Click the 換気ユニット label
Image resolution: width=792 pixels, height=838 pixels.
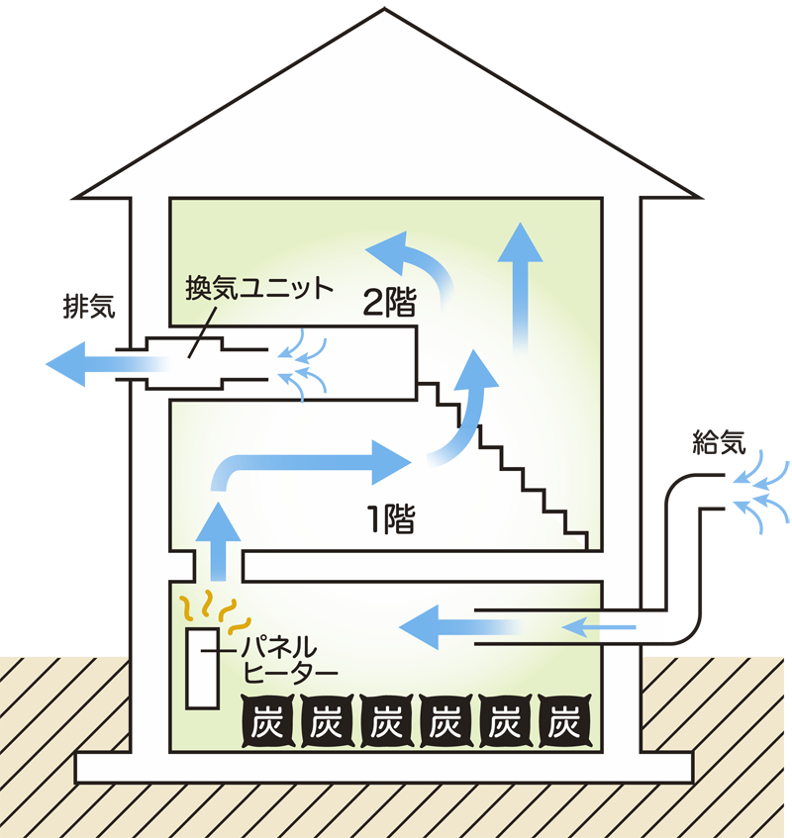(x=259, y=291)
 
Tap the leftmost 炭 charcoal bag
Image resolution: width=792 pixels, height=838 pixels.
(x=265, y=725)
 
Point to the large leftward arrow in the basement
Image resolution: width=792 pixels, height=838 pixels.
(x=455, y=625)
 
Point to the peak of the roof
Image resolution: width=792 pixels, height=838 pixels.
(x=386, y=15)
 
